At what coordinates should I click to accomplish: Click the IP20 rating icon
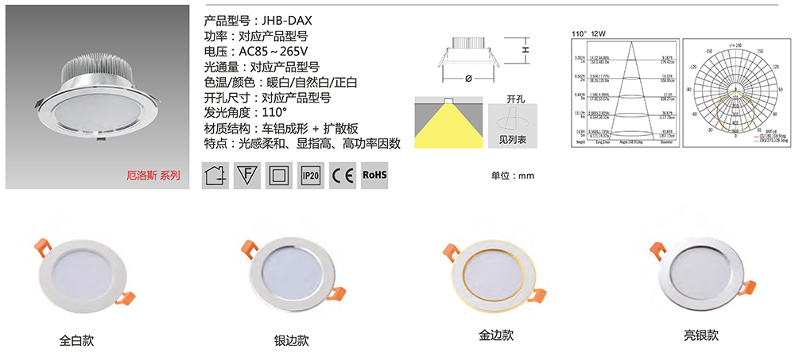tap(311, 175)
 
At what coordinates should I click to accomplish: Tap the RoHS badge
tap(374, 174)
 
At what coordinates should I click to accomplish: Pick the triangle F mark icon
tap(247, 175)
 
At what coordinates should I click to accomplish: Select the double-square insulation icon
tap(279, 175)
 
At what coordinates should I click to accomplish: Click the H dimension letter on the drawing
tap(525, 49)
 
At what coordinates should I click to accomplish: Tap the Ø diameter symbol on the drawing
tap(468, 79)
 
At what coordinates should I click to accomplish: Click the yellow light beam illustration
tap(445, 123)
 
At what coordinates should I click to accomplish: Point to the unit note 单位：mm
tap(513, 176)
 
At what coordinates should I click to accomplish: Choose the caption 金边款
tap(494, 335)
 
